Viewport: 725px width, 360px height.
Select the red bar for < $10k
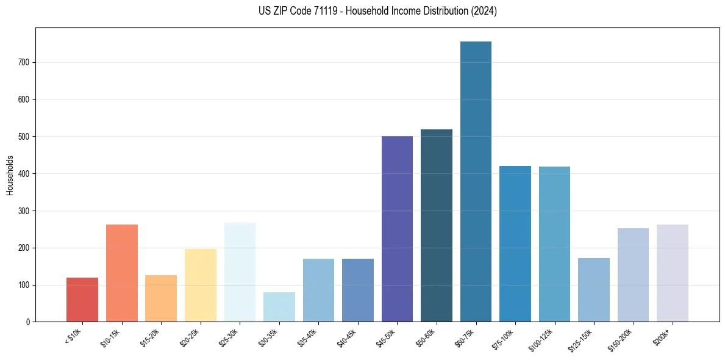pos(82,300)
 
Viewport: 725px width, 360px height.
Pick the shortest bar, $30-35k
pos(279,307)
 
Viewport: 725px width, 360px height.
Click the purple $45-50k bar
pos(397,229)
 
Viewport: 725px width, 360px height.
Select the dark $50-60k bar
pos(437,226)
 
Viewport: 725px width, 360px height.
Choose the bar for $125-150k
pos(594,290)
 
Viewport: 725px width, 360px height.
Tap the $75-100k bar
pos(515,244)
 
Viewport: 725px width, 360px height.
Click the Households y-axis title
pos(10,175)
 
